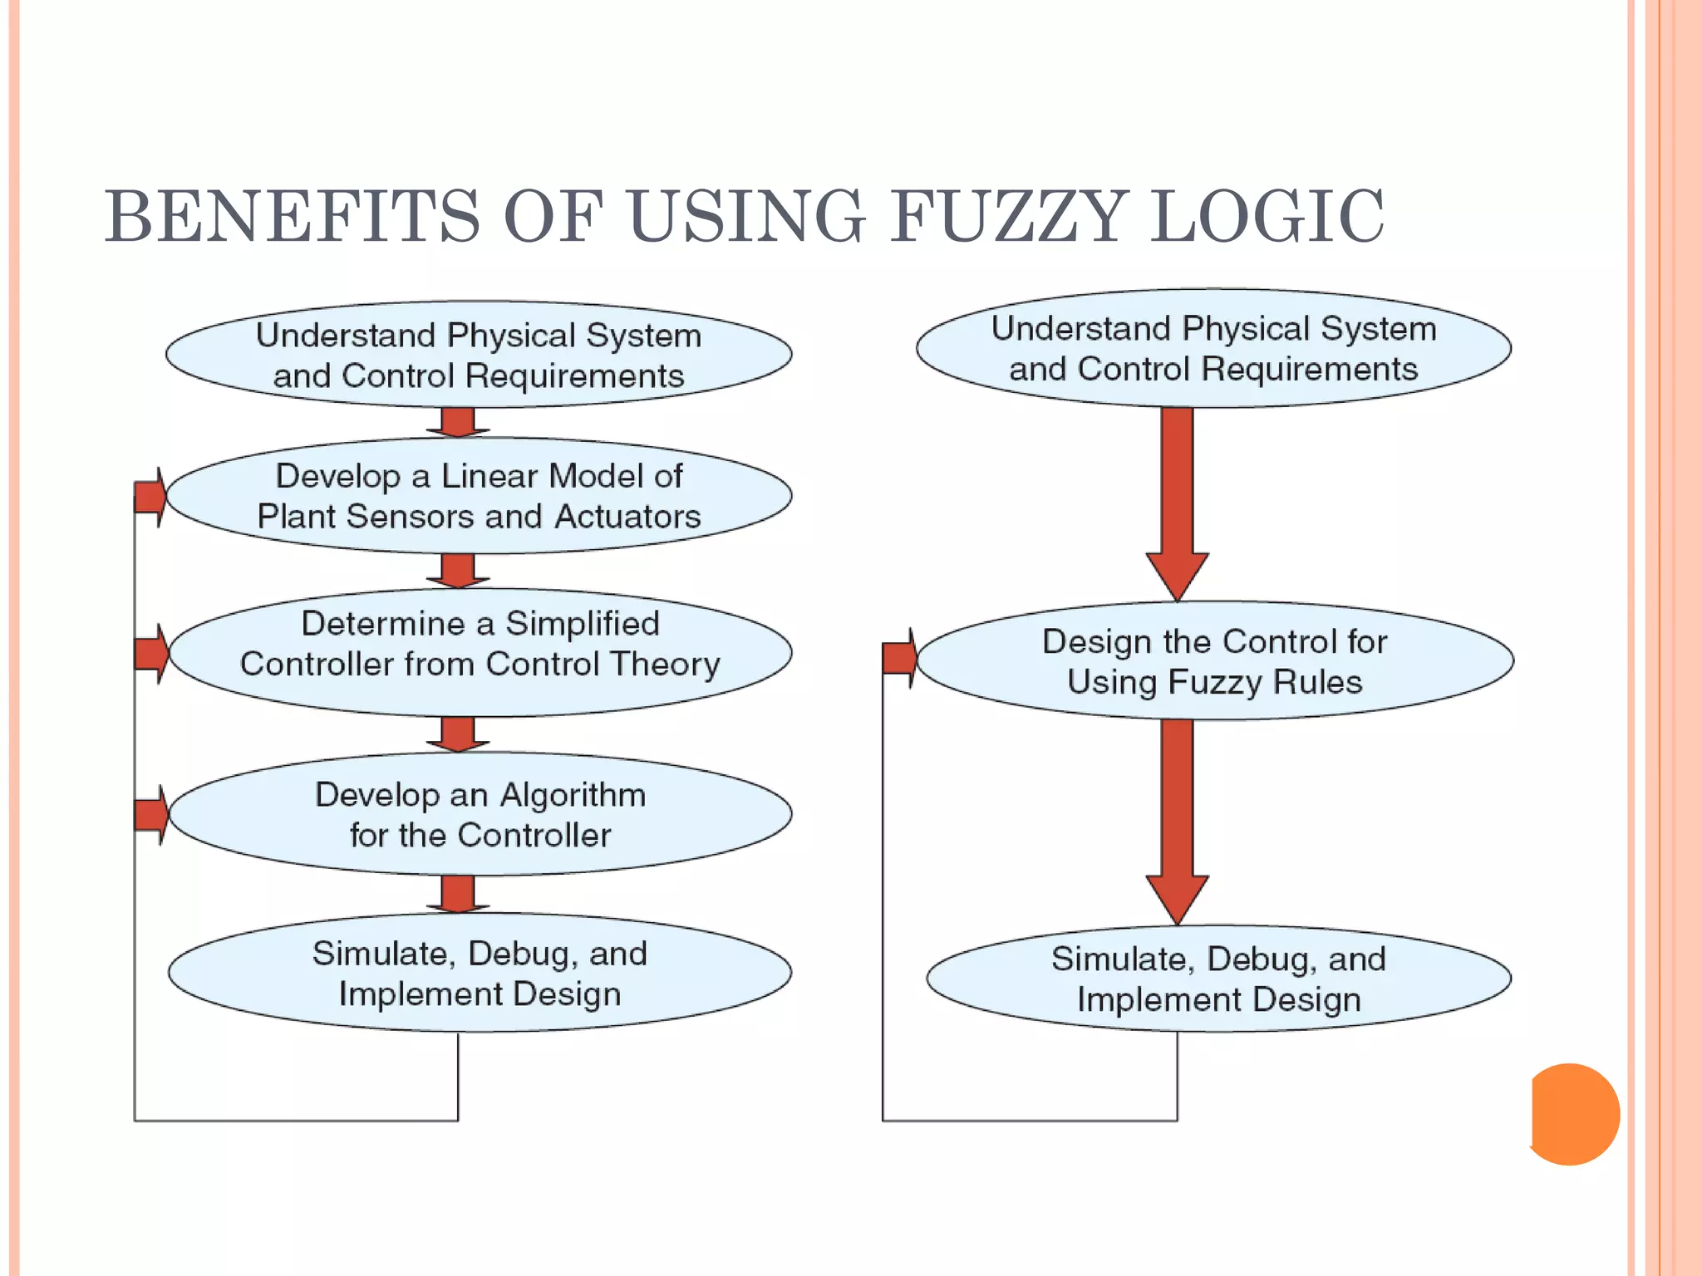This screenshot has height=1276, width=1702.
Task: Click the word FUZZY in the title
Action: click(1008, 218)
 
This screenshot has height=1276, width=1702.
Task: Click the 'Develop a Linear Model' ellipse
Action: click(479, 496)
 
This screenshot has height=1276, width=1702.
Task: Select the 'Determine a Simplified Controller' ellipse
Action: click(480, 652)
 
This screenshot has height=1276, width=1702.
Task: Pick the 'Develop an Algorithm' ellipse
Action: click(480, 814)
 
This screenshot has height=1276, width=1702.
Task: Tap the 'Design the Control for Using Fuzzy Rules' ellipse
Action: click(1214, 661)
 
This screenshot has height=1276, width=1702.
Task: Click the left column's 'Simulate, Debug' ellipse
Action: click(480, 974)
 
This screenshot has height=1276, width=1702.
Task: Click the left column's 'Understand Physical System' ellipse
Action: click(479, 355)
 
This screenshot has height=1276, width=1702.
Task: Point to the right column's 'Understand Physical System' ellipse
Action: click(1213, 348)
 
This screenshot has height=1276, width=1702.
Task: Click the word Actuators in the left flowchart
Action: click(627, 517)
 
